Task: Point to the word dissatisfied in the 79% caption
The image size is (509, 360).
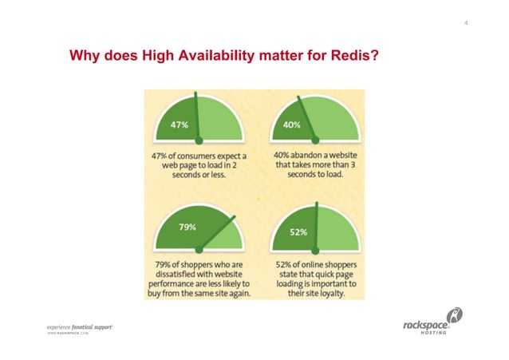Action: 176,274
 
